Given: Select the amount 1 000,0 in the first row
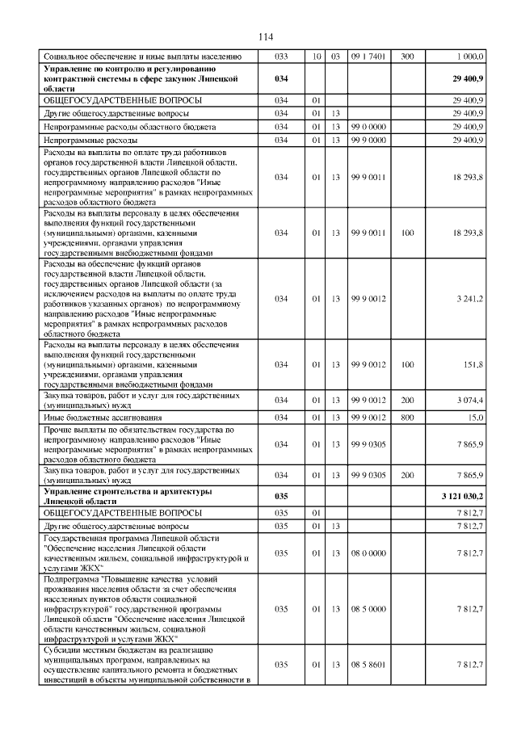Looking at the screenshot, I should (469, 57).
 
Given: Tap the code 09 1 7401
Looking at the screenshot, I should (368, 57).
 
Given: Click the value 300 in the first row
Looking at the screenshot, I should (407, 57).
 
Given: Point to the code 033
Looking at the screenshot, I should (281, 57).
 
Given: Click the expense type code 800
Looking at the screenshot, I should (407, 417).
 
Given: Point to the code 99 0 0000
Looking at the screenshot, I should (368, 127).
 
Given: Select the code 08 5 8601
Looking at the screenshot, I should (368, 664).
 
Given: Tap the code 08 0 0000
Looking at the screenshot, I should (368, 552).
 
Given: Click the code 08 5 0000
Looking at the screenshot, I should (368, 608).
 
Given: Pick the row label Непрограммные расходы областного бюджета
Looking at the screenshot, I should (118, 127).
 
